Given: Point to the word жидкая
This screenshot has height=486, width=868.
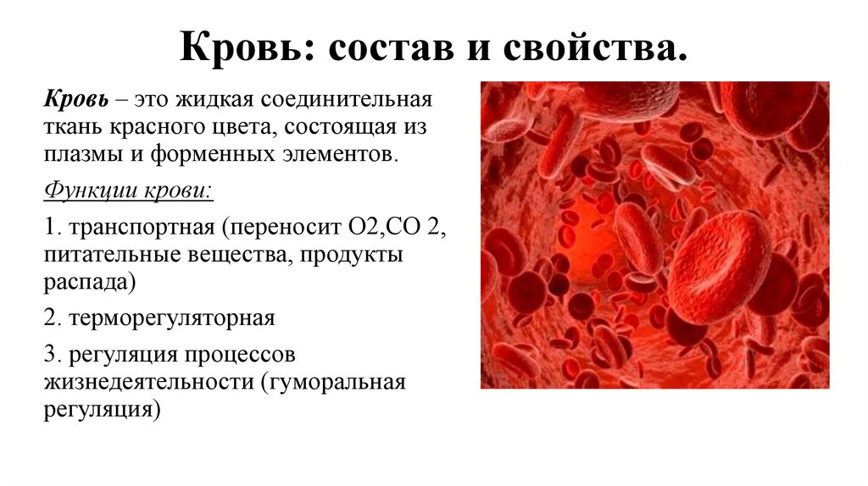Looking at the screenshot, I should tap(213, 100).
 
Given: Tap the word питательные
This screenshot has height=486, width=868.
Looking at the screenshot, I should tap(104, 255).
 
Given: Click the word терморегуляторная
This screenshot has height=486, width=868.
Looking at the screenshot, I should tap(172, 319).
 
